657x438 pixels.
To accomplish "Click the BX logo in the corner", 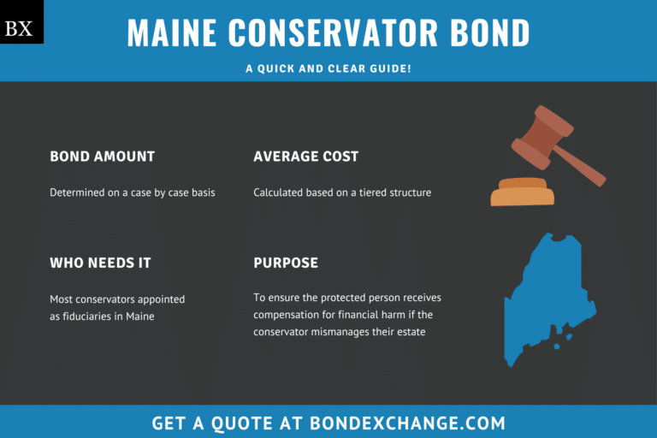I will pos(20,28).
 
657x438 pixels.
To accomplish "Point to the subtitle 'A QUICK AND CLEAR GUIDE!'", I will pos(328,67).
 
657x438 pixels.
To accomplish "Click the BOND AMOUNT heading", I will pos(102,157).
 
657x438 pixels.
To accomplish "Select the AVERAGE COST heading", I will pos(305,157).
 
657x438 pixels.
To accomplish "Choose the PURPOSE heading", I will pos(286,263).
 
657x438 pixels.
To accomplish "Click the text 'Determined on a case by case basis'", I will pos(133,192).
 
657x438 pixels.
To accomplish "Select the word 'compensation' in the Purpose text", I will pos(289,315).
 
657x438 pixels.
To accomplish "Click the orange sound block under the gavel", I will pos(523,193).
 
